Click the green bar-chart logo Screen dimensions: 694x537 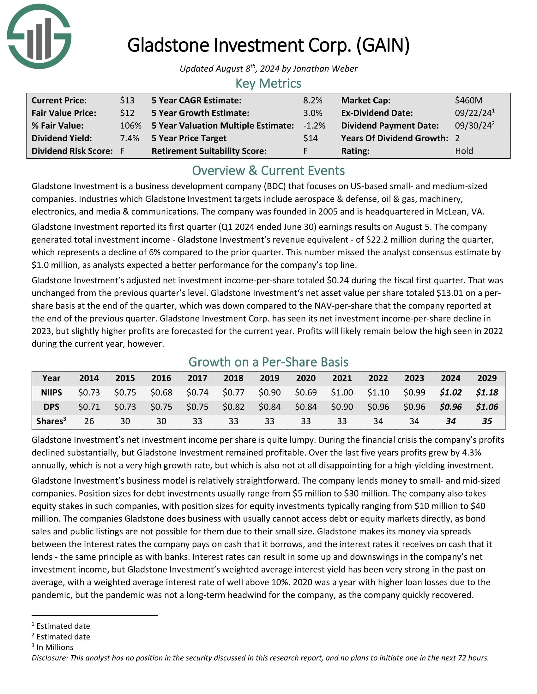[39, 36]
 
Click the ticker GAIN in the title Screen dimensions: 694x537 [383, 45]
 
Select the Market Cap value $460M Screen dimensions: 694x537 [468, 100]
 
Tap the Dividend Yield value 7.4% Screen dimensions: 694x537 [130, 138]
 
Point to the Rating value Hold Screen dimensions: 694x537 [464, 151]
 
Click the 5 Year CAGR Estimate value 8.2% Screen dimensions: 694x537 [312, 100]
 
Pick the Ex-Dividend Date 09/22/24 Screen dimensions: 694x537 [473, 113]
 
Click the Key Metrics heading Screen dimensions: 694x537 [268, 84]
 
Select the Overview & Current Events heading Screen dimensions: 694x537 [268, 171]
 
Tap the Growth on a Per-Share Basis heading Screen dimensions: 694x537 [268, 362]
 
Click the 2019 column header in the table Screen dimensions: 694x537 [269, 378]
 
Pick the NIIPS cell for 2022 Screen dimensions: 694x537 [378, 392]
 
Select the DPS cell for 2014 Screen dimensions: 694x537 [89, 407]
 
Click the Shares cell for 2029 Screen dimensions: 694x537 [487, 421]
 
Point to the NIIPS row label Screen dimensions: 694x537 [51, 392]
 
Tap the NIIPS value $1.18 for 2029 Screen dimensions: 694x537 [487, 392]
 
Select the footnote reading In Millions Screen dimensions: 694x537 [55, 647]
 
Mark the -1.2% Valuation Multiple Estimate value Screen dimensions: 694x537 [314, 126]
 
